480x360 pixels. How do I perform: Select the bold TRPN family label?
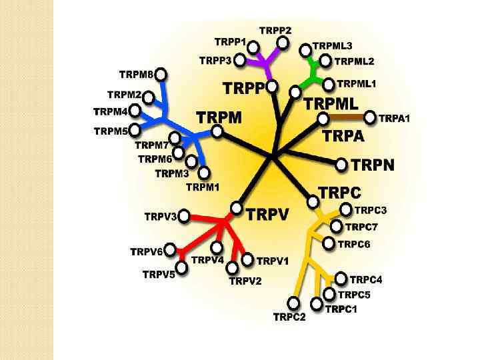(372, 164)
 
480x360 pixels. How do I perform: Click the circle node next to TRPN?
(341, 164)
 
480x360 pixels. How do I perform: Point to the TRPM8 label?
(136, 74)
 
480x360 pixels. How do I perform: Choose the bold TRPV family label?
(267, 214)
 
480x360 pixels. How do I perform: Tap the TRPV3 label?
(161, 217)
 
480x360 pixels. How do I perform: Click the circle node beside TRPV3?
(185, 216)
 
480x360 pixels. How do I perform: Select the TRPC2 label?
(289, 317)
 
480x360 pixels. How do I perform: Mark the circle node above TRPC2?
(293, 301)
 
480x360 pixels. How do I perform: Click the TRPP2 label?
(275, 31)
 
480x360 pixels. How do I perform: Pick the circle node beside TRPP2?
(283, 43)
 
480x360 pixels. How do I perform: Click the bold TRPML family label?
(331, 104)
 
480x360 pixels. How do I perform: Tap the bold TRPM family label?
(219, 118)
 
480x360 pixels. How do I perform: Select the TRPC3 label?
(370, 211)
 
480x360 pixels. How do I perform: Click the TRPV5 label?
(159, 274)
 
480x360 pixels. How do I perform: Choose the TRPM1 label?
(202, 187)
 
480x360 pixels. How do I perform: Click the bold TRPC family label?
(340, 193)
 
